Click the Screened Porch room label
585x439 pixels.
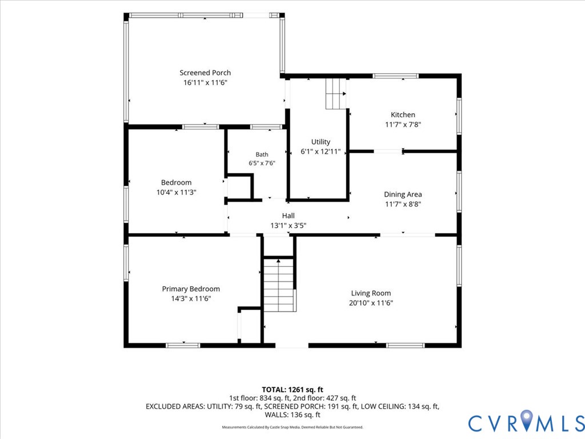coord(205,73)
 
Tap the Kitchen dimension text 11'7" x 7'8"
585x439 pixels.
coord(403,124)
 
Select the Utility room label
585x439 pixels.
coord(321,142)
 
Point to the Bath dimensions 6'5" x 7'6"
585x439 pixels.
coord(262,163)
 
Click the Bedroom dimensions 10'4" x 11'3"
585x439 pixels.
coord(176,192)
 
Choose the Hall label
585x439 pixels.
coord(288,215)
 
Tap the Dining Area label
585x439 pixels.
coord(403,194)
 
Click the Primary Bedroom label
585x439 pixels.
coord(191,289)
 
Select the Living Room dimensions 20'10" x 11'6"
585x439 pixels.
coord(371,303)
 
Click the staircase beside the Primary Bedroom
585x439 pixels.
coord(279,285)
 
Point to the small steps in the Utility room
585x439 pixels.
coord(336,94)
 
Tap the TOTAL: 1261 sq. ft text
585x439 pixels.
coord(292,390)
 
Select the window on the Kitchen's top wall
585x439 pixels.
coord(395,76)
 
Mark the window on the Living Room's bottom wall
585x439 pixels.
coord(405,346)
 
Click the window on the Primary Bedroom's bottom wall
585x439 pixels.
coord(183,346)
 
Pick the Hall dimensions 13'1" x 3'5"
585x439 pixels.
coord(288,225)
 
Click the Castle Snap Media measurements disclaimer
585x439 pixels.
coord(292,427)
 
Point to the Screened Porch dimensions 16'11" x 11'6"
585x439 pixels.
coord(205,82)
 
